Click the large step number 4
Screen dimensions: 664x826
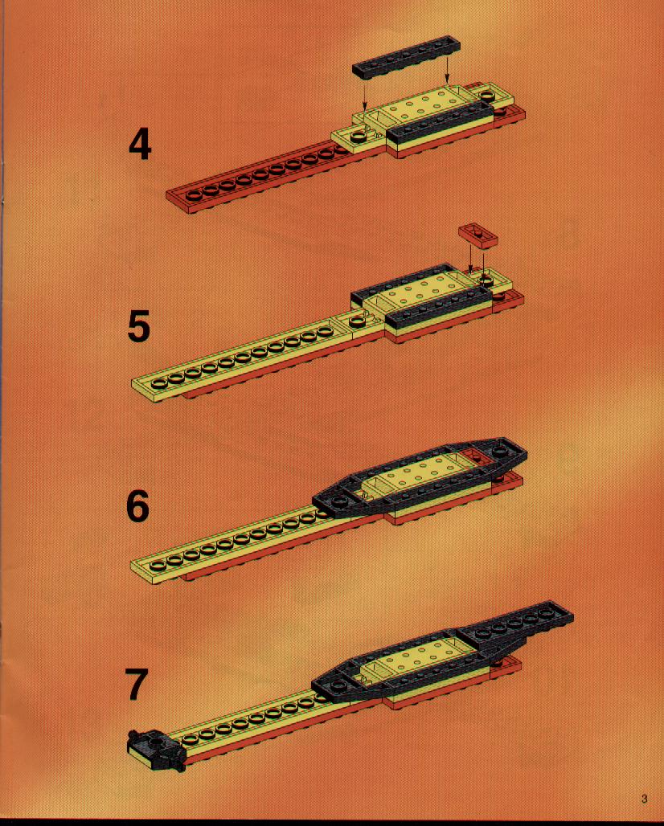click(x=140, y=145)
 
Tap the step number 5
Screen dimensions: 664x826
click(x=139, y=326)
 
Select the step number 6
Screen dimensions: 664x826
click(x=138, y=506)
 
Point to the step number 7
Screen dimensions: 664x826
click(x=137, y=685)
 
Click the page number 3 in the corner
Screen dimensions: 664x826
click(x=645, y=799)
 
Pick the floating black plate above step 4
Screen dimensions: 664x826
click(x=406, y=57)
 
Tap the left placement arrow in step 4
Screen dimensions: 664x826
click(x=364, y=94)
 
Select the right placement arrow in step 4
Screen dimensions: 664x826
click(x=447, y=69)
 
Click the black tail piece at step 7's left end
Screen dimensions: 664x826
click(x=156, y=749)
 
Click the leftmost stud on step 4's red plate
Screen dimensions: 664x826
click(x=194, y=196)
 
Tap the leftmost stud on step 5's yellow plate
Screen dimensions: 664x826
click(x=159, y=383)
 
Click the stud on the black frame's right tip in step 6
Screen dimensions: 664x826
click(x=499, y=452)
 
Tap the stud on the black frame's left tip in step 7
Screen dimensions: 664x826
click(x=338, y=687)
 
